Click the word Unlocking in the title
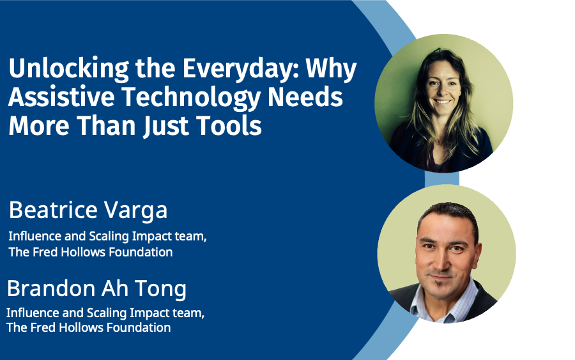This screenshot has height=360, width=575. click(x=69, y=68)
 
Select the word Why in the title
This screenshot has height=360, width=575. click(x=331, y=68)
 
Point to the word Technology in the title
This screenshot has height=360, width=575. click(x=190, y=98)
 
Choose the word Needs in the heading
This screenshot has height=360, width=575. click(x=305, y=97)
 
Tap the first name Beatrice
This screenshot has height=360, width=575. click(x=53, y=210)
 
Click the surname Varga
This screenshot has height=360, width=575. click(x=135, y=210)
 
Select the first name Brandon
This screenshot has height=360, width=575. click(x=51, y=288)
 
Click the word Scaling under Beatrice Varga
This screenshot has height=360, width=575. click(x=109, y=237)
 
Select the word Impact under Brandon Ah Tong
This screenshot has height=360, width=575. click(x=147, y=313)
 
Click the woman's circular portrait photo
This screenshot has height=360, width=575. click(x=444, y=104)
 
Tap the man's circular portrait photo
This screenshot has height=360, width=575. click(x=447, y=254)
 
